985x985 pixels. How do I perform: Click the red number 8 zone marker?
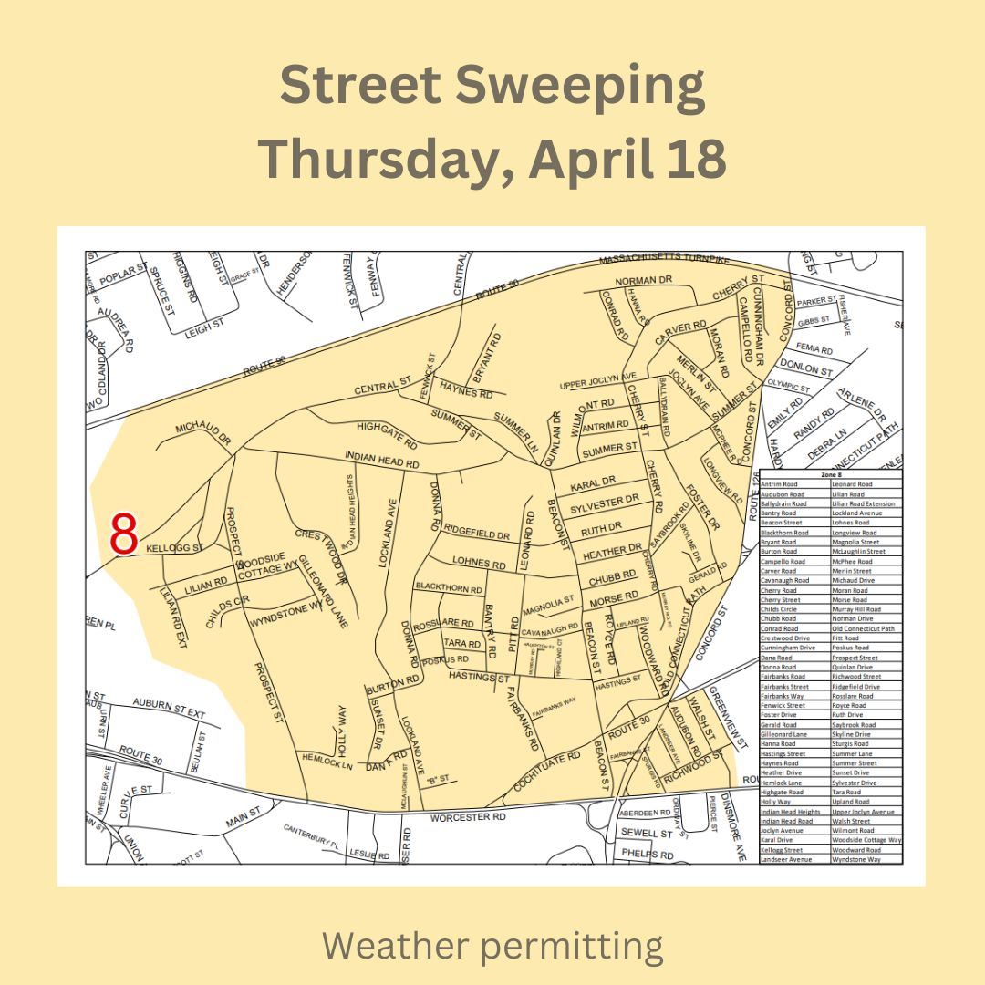[123, 535]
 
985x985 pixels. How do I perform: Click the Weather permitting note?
[493, 946]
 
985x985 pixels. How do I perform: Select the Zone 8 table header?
[830, 474]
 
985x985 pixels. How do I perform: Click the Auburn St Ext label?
[169, 707]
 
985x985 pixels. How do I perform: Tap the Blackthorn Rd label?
[448, 589]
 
